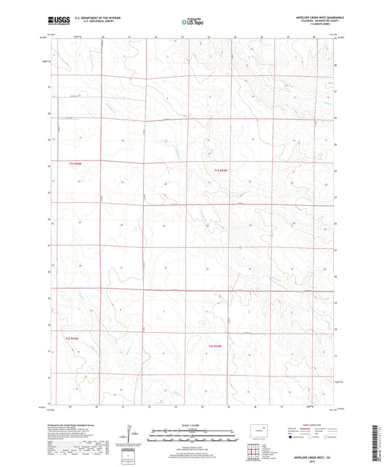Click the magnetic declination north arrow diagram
coord(131,437)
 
